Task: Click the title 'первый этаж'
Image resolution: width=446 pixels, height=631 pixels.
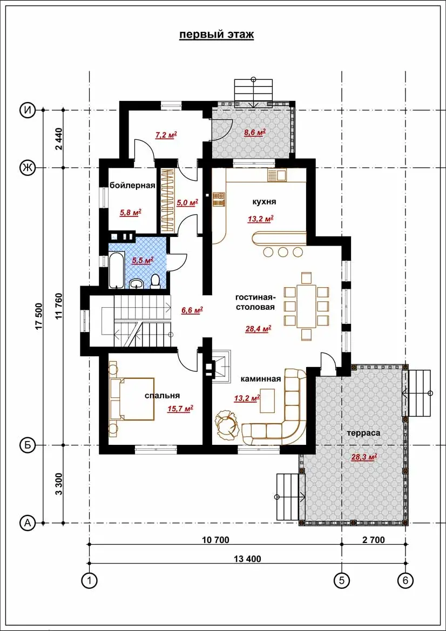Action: click(x=217, y=35)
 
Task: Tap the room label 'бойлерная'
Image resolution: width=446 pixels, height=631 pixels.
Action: click(x=132, y=186)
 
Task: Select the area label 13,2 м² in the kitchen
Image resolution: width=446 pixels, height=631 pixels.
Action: click(x=260, y=219)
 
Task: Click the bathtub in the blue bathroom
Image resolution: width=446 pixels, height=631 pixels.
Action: click(x=116, y=270)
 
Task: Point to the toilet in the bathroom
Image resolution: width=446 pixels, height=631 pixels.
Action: click(x=155, y=281)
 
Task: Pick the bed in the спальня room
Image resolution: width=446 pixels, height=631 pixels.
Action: click(x=132, y=399)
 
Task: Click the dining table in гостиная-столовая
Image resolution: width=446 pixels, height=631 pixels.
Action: click(x=306, y=306)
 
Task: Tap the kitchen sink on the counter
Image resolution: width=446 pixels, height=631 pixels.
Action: click(x=276, y=175)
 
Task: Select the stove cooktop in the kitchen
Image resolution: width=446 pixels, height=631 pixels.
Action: click(x=219, y=199)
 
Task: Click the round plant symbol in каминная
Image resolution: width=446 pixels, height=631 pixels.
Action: click(x=227, y=424)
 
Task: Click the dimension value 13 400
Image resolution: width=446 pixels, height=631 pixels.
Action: click(x=247, y=559)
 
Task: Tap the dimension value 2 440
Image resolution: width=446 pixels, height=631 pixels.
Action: click(x=59, y=139)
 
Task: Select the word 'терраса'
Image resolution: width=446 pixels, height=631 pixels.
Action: click(x=363, y=433)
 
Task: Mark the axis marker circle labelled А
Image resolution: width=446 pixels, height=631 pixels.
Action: click(x=28, y=523)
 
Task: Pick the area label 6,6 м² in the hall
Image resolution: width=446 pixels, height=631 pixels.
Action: click(x=192, y=310)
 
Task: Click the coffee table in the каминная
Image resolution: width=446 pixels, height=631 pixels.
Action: click(x=267, y=400)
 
